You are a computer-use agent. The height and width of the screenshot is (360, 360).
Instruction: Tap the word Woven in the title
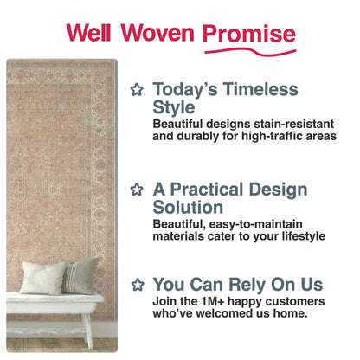(x=156, y=33)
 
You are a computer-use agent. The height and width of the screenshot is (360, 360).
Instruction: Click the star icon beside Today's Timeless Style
(x=136, y=89)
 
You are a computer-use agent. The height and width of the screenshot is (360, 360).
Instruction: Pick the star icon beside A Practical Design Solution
(x=136, y=189)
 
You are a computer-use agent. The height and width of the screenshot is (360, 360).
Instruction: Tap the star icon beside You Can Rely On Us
(x=136, y=284)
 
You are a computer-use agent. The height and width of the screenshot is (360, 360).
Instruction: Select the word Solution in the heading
(x=188, y=208)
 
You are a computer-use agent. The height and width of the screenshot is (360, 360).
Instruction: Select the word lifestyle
(x=298, y=235)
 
